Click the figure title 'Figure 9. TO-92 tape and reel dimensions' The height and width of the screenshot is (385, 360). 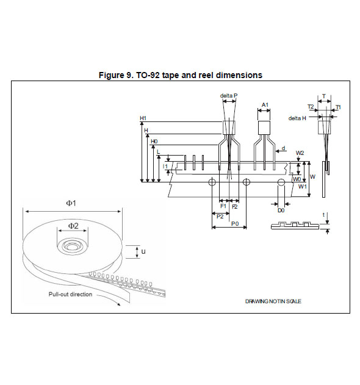[x=181, y=75]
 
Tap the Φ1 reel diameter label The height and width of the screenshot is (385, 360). [x=71, y=203]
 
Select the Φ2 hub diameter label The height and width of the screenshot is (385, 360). [x=73, y=226]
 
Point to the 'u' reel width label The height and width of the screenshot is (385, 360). [x=143, y=251]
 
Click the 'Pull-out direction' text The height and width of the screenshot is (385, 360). [x=71, y=294]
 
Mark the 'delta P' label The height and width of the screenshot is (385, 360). [x=229, y=96]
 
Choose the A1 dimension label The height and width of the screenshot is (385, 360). [x=265, y=105]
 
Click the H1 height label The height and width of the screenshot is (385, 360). [x=143, y=118]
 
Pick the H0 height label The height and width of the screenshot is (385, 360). [x=154, y=142]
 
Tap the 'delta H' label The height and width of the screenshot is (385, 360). [x=297, y=118]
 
